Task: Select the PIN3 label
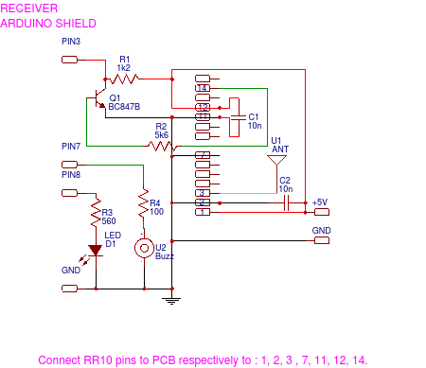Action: (71, 43)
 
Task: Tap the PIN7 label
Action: (71, 146)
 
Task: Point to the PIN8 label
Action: (71, 175)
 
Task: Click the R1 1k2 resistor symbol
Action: (125, 78)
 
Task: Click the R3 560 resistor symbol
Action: (95, 215)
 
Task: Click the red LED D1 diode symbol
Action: (95, 251)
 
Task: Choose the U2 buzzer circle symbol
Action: (144, 249)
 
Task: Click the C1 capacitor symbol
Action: (235, 118)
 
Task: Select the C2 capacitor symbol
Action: (287, 202)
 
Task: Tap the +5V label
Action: (320, 202)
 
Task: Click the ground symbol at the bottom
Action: (171, 301)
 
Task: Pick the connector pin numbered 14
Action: (202, 88)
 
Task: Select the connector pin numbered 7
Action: (202, 155)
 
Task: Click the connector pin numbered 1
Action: (202, 212)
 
